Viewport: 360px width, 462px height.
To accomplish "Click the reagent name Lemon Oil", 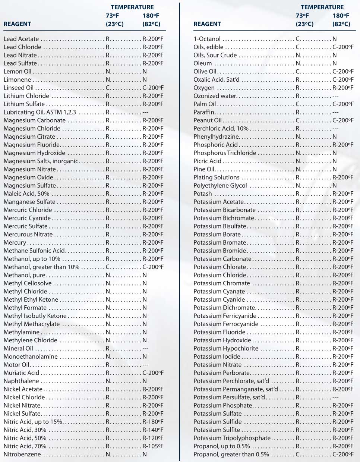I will point(18,72).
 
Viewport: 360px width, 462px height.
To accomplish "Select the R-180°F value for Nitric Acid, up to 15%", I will point(153,422).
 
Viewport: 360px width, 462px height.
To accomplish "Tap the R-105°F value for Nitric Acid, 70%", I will point(153,446).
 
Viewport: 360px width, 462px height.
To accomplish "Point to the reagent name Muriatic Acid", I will point(21,373).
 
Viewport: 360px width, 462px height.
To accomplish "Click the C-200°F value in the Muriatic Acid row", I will point(153,373).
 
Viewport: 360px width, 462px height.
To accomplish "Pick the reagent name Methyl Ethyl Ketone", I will point(31,300).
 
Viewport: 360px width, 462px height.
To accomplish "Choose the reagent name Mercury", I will point(15,243).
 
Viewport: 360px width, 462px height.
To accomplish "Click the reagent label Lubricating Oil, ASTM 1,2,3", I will point(40,112).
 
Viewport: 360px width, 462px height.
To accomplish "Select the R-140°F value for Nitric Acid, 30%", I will point(153,430).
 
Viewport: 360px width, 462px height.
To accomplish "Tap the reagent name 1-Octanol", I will point(207,39).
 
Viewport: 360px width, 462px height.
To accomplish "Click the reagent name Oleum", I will point(203,63).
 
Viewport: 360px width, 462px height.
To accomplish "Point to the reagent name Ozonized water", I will point(215,96).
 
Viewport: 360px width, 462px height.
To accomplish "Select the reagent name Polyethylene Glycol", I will point(220,186).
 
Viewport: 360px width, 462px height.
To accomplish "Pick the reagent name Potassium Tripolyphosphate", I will point(232,438).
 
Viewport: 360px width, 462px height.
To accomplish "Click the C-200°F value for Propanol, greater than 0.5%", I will point(343,455).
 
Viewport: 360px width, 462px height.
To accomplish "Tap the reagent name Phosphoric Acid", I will point(215,145).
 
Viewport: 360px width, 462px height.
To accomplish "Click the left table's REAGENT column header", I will point(17,24).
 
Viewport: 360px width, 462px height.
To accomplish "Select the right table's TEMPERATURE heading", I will point(322,7).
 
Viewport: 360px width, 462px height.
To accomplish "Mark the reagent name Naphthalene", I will point(21,381).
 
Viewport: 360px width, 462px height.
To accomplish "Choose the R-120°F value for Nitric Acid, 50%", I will point(153,438).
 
